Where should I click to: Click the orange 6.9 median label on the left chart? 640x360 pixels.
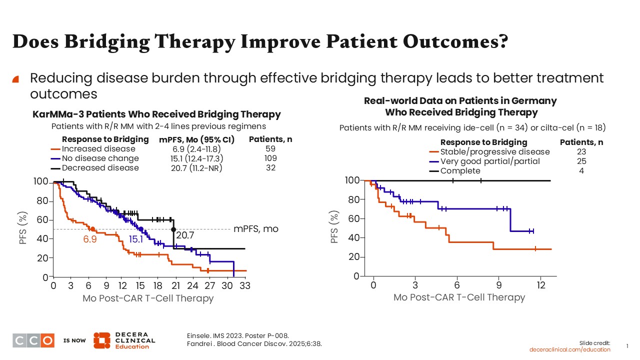point(90,239)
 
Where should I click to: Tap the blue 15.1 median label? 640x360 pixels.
point(135,239)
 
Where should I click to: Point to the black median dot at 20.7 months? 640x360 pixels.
point(173,229)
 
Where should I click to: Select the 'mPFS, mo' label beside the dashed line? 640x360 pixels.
point(256,229)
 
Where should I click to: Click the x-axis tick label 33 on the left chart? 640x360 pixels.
point(245,285)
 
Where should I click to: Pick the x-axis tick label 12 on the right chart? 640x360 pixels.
point(541,285)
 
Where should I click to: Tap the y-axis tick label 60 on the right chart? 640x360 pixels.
point(353,219)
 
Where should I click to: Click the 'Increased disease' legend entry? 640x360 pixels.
point(98,149)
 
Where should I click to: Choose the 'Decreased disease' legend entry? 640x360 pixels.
point(100,167)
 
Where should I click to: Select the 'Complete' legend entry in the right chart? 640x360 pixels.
point(460,171)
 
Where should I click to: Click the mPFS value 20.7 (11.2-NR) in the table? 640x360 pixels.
point(196,168)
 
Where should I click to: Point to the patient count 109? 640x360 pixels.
point(270,158)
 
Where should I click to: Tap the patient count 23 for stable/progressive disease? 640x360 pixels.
point(581,151)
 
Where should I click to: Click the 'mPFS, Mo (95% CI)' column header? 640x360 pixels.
point(197,139)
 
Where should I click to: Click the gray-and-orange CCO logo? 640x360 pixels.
point(33,340)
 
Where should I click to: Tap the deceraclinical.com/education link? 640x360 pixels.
point(569,349)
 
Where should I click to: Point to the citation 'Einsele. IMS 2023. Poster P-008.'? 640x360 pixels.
point(237,335)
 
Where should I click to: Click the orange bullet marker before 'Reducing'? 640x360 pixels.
point(15,79)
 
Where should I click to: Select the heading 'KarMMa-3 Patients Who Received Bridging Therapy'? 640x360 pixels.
point(156,114)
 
